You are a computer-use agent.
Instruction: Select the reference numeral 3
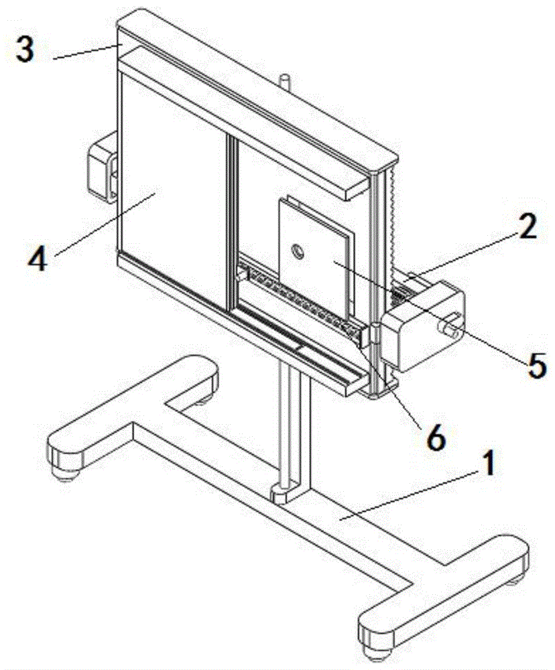tap(25, 51)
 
